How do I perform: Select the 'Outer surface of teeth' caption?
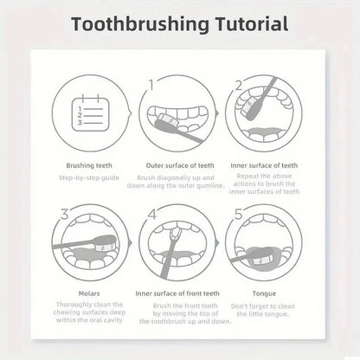(x=180, y=164)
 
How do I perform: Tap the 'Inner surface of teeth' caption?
(x=270, y=164)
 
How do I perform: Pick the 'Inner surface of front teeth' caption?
(x=180, y=293)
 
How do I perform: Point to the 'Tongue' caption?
(x=270, y=293)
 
